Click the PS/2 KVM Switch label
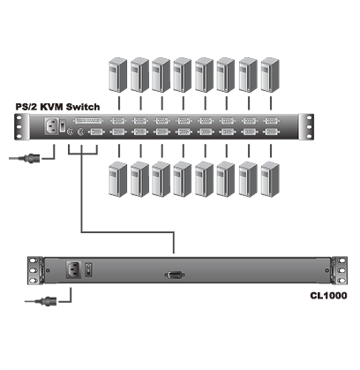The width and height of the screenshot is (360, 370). [57, 107]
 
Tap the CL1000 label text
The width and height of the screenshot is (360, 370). [328, 295]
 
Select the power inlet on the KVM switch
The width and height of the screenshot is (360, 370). [51, 126]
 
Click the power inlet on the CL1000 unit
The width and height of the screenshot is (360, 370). [74, 269]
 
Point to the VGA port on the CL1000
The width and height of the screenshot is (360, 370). [175, 276]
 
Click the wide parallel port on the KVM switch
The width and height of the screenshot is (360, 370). [88, 121]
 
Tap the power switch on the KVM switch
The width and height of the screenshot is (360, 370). [63, 126]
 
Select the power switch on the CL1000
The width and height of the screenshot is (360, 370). [88, 269]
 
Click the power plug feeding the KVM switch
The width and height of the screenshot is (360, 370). [32, 158]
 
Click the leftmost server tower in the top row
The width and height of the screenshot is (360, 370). [118, 75]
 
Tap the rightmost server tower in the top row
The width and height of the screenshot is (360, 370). [270, 75]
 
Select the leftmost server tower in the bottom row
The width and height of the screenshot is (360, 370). [118, 179]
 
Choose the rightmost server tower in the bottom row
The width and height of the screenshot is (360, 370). [270, 179]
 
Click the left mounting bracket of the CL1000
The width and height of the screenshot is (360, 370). [35, 270]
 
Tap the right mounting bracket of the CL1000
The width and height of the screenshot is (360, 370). [339, 270]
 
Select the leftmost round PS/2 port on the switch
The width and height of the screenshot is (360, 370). [70, 132]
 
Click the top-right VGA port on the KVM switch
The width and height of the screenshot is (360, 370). [271, 121]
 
